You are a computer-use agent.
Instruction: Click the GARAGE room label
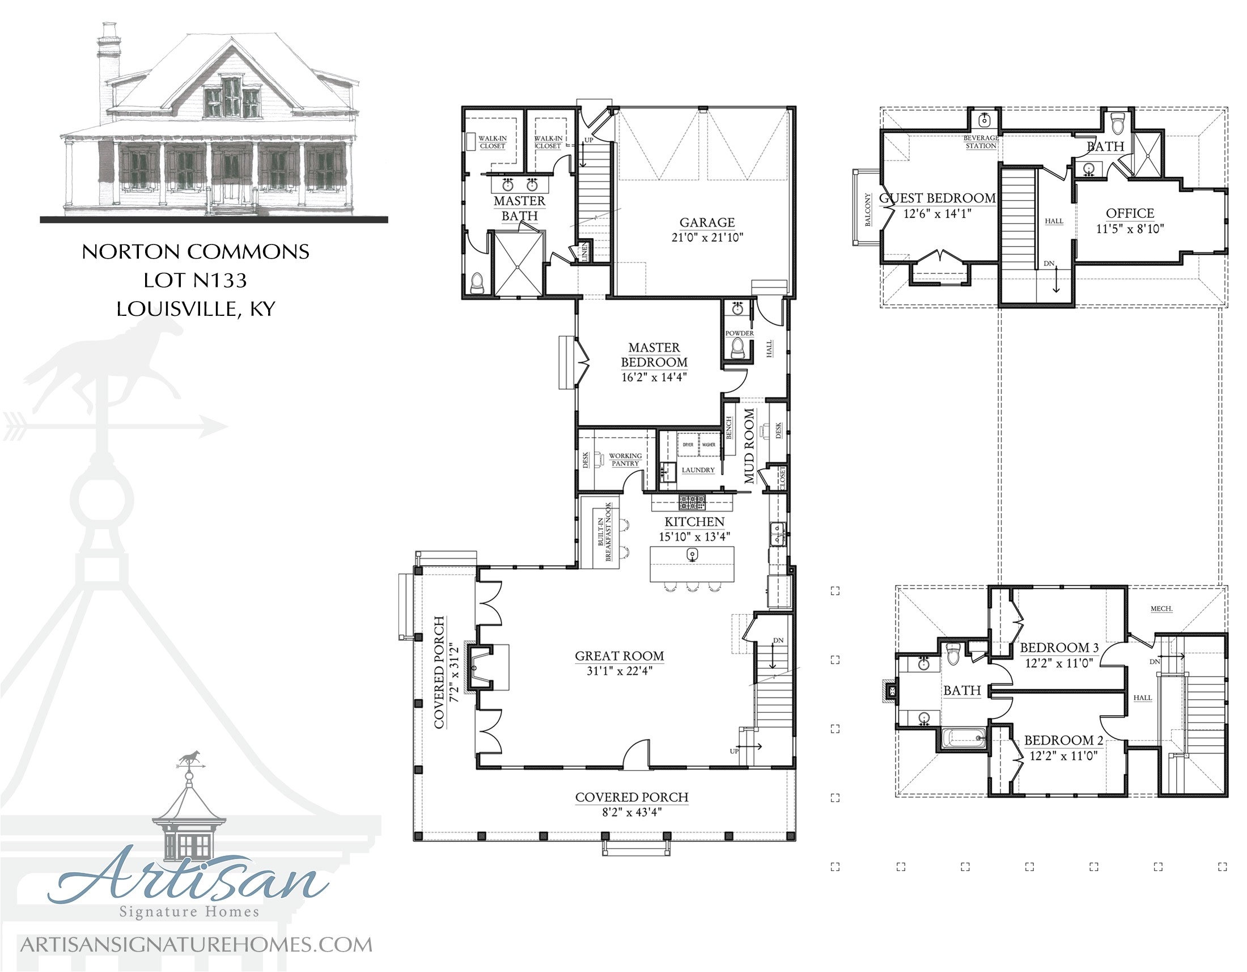[x=707, y=223]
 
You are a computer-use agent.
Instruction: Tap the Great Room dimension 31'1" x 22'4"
[x=620, y=671]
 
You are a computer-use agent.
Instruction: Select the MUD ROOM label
[x=749, y=445]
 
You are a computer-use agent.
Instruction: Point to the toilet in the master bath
[x=477, y=282]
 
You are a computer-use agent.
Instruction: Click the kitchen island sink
[x=692, y=554]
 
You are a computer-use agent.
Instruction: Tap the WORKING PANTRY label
[x=625, y=460]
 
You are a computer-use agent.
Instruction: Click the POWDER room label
[x=739, y=333]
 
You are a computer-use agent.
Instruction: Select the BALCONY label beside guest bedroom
[x=868, y=210]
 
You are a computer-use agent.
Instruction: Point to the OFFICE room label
[x=1130, y=214]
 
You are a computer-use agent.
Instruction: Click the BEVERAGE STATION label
[x=981, y=142]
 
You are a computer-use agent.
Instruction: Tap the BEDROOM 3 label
[x=1059, y=648]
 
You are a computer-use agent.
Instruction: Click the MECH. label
[x=1161, y=609]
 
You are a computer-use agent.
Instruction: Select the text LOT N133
[x=196, y=280]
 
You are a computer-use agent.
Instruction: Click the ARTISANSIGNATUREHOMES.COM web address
[x=196, y=945]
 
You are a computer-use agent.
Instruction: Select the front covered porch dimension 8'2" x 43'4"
[x=631, y=812]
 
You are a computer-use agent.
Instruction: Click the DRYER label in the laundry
[x=688, y=445]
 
